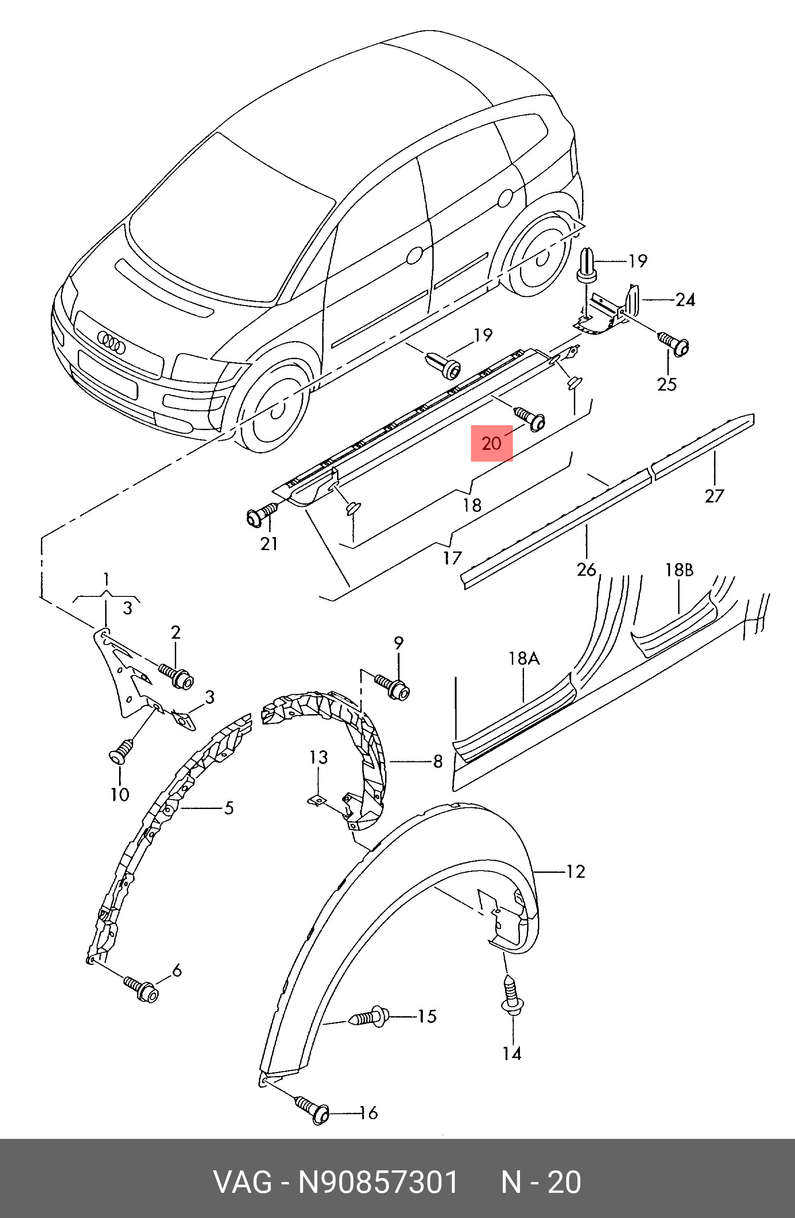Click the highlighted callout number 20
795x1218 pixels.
[491, 443]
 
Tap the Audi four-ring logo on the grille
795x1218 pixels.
[111, 342]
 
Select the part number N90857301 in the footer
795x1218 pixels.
[378, 1182]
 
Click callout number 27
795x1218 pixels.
[714, 495]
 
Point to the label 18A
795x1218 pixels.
[524, 658]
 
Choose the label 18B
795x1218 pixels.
[679, 569]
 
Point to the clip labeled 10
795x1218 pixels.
[118, 753]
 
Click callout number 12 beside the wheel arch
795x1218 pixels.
[575, 871]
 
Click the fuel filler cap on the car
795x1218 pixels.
[506, 198]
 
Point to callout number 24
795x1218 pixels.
[685, 300]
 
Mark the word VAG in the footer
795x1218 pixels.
[243, 1182]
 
